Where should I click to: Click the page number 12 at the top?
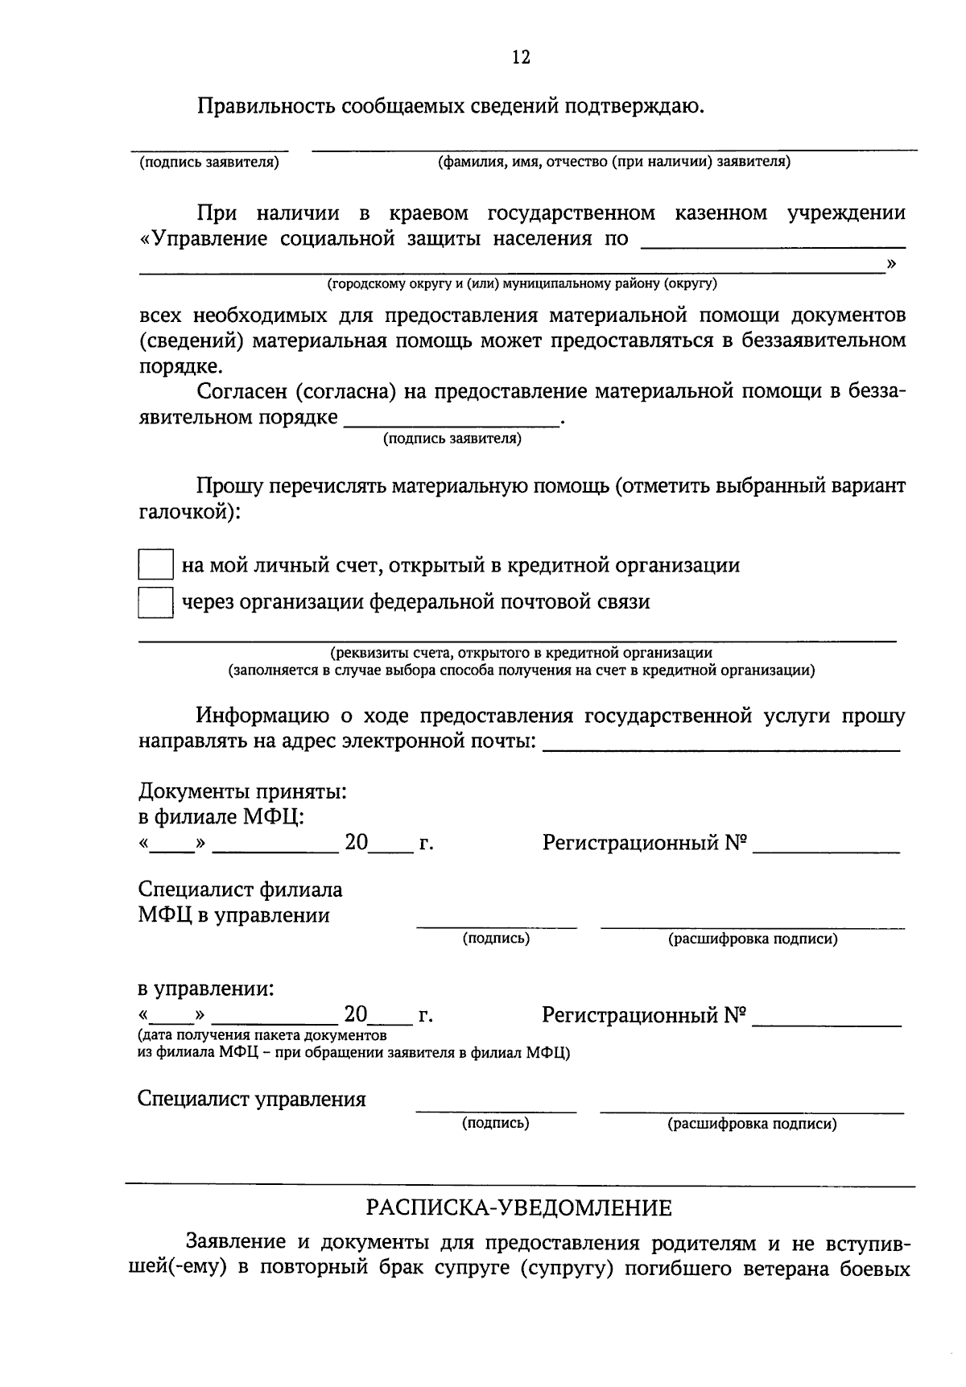520,57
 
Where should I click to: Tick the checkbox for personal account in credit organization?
155,565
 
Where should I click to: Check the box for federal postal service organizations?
155,602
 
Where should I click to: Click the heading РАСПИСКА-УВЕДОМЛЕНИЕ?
519,1208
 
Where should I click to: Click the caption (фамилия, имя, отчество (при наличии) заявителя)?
613,162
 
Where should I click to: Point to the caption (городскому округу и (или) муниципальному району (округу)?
521,283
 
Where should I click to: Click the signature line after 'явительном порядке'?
451,423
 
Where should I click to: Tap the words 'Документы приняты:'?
242,791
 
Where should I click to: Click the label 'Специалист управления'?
251,1100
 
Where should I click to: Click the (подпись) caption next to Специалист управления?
495,1123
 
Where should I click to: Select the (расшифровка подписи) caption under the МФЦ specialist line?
753,939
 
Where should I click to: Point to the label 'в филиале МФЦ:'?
221,817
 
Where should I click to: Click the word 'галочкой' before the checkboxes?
185,512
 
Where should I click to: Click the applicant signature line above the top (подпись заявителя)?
209,149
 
